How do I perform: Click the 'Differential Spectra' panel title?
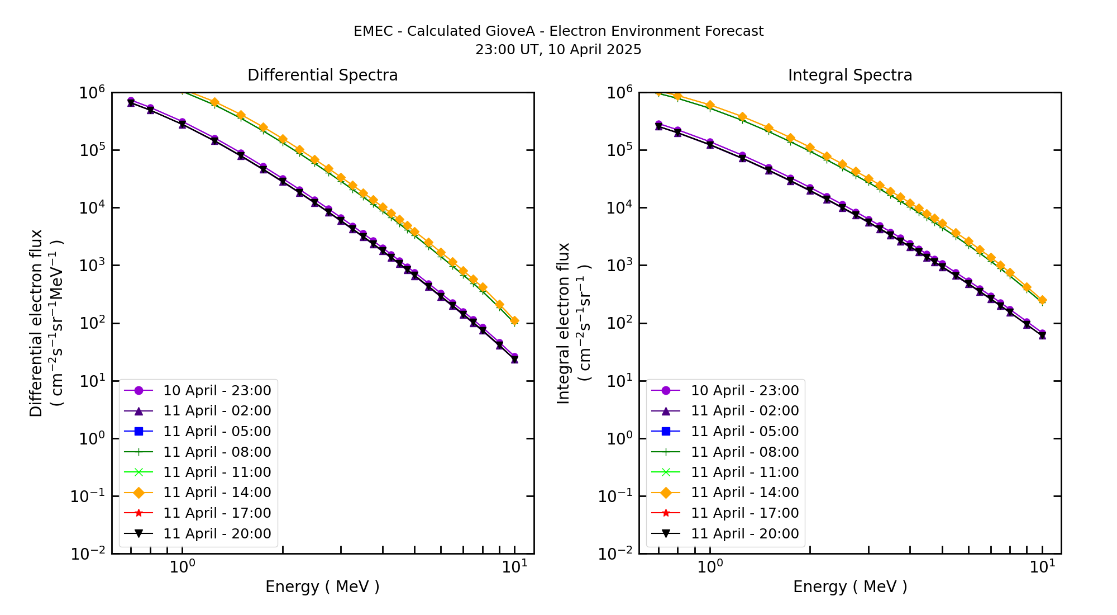click(x=322, y=75)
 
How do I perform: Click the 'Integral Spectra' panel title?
click(x=849, y=75)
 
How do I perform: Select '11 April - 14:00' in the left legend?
click(x=217, y=493)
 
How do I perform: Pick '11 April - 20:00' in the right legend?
click(x=744, y=534)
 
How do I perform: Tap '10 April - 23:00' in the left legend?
click(x=217, y=390)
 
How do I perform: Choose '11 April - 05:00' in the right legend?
click(x=744, y=432)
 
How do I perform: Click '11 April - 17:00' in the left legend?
click(x=217, y=513)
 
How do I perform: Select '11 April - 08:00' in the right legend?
click(x=744, y=452)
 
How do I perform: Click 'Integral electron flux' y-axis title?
click(x=564, y=323)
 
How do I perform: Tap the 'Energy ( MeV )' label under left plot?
click(x=322, y=586)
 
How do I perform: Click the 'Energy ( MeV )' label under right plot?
click(x=849, y=586)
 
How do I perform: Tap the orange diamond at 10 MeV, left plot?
click(x=514, y=321)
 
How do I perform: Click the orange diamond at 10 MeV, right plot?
click(x=1042, y=300)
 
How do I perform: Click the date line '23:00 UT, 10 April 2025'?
click(x=558, y=50)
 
